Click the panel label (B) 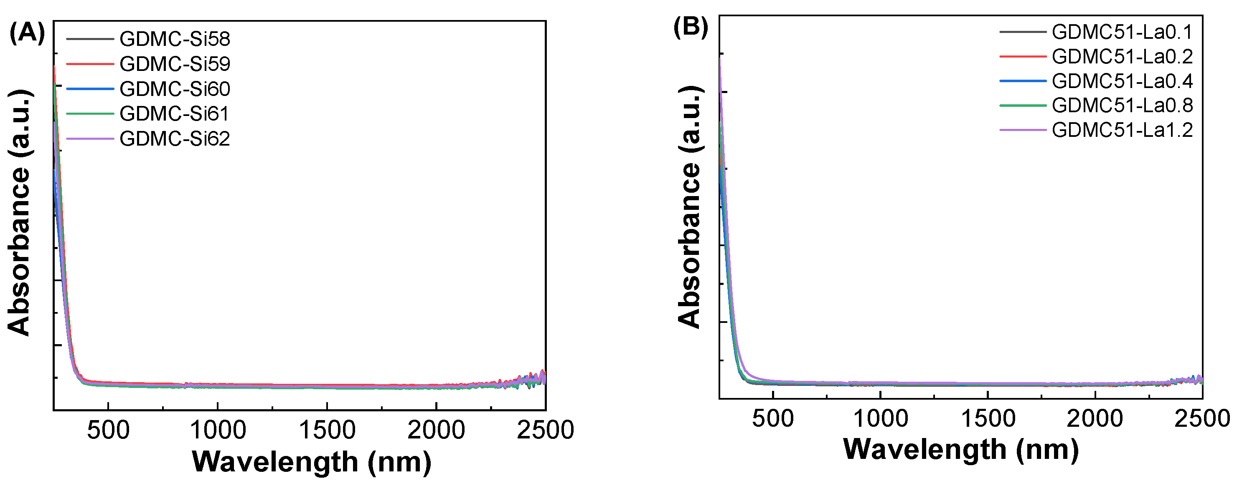[x=691, y=27]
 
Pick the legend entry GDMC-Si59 [x=175, y=63]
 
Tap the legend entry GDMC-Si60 [x=175, y=88]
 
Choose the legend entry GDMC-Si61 [x=175, y=113]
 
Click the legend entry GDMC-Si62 [x=175, y=139]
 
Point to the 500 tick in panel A [x=108, y=430]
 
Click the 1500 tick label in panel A [x=327, y=430]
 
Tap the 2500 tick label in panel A [x=545, y=430]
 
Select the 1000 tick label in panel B [x=880, y=418]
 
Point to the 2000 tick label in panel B [x=1095, y=418]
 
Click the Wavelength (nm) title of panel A [x=312, y=461]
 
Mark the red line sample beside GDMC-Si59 [x=90, y=63]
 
